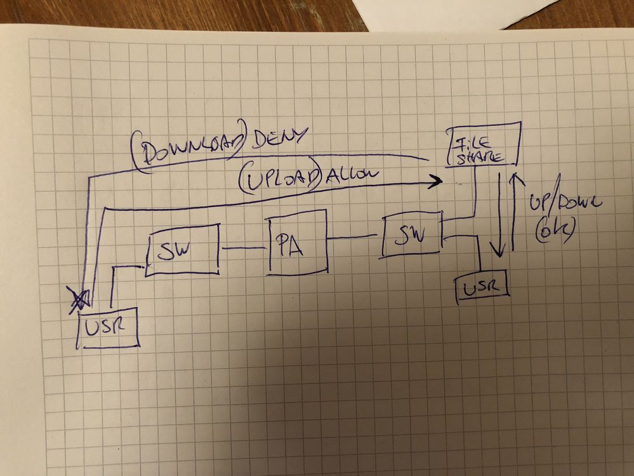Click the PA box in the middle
click(x=297, y=245)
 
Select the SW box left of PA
click(x=182, y=249)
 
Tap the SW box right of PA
click(x=412, y=235)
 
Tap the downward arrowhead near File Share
click(x=501, y=251)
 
